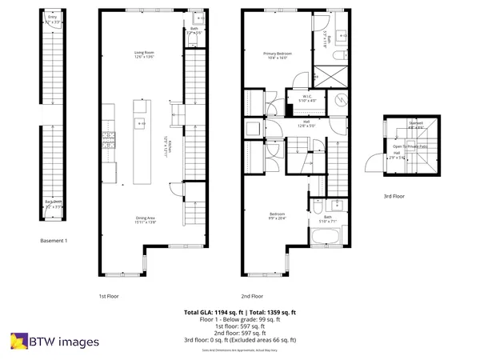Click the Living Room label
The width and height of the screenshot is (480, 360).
(x=144, y=54)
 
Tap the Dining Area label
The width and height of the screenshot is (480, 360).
(x=145, y=218)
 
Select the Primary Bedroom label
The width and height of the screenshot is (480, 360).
(x=278, y=54)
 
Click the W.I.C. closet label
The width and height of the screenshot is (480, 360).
(x=308, y=98)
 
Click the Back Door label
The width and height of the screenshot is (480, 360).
(x=54, y=203)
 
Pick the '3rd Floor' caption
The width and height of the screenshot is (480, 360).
(x=393, y=194)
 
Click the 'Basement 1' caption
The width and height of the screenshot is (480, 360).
(x=54, y=240)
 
